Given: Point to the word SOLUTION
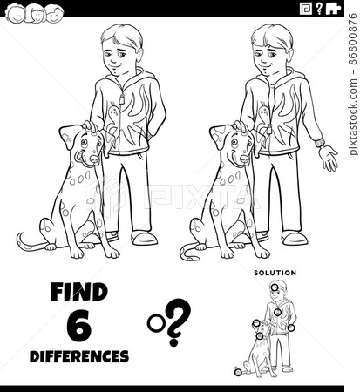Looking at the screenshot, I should (275, 273).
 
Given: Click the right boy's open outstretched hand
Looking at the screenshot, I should (328, 157).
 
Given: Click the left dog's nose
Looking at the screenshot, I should (78, 159).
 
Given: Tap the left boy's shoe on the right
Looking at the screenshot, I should (144, 237).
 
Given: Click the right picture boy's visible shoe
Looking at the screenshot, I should (295, 237).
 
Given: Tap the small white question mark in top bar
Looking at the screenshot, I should (332, 10).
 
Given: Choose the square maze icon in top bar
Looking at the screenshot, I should (305, 10).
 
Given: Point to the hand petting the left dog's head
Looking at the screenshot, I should (91, 127).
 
